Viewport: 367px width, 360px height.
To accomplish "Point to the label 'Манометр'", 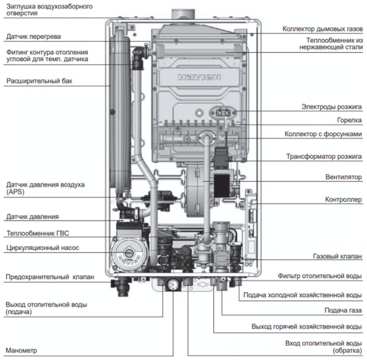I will coord(21,351).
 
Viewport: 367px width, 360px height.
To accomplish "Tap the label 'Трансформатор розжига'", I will coord(324,156).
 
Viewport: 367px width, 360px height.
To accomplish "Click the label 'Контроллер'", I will coord(342,199).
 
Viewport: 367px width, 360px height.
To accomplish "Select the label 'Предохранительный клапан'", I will coord(50,277).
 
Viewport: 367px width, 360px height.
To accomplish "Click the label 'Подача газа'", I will coord(343,310).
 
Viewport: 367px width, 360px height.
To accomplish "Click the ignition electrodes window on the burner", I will coord(221,112).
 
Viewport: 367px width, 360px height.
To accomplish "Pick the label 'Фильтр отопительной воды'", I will coord(319,276).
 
